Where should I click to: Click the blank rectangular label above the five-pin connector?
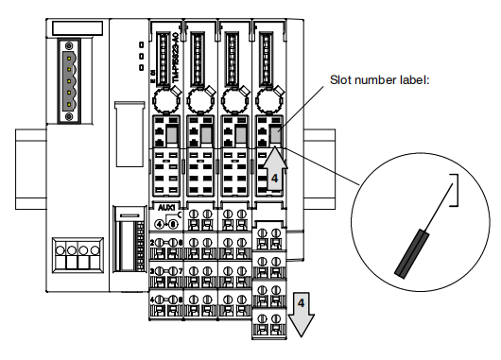coord(68,26)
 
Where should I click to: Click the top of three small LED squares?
coord(140,43)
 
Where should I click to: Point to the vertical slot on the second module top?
coord(199,57)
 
